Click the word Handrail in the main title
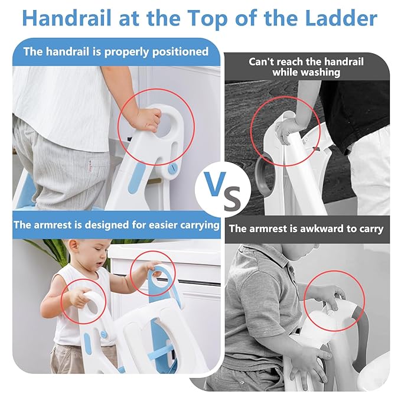67,18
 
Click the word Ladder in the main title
341,18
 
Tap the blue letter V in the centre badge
216,184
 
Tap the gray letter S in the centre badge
232,197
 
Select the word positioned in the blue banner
180,52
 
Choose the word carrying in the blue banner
200,225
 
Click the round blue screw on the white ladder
172,168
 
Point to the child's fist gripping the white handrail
148,119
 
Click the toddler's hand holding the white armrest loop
79,296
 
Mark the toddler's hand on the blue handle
155,268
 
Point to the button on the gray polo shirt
292,269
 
